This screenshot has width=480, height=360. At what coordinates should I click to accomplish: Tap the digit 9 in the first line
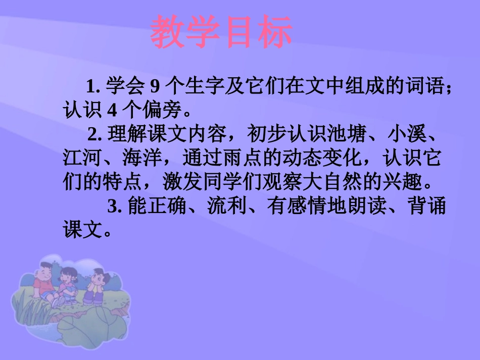click(x=155, y=87)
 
